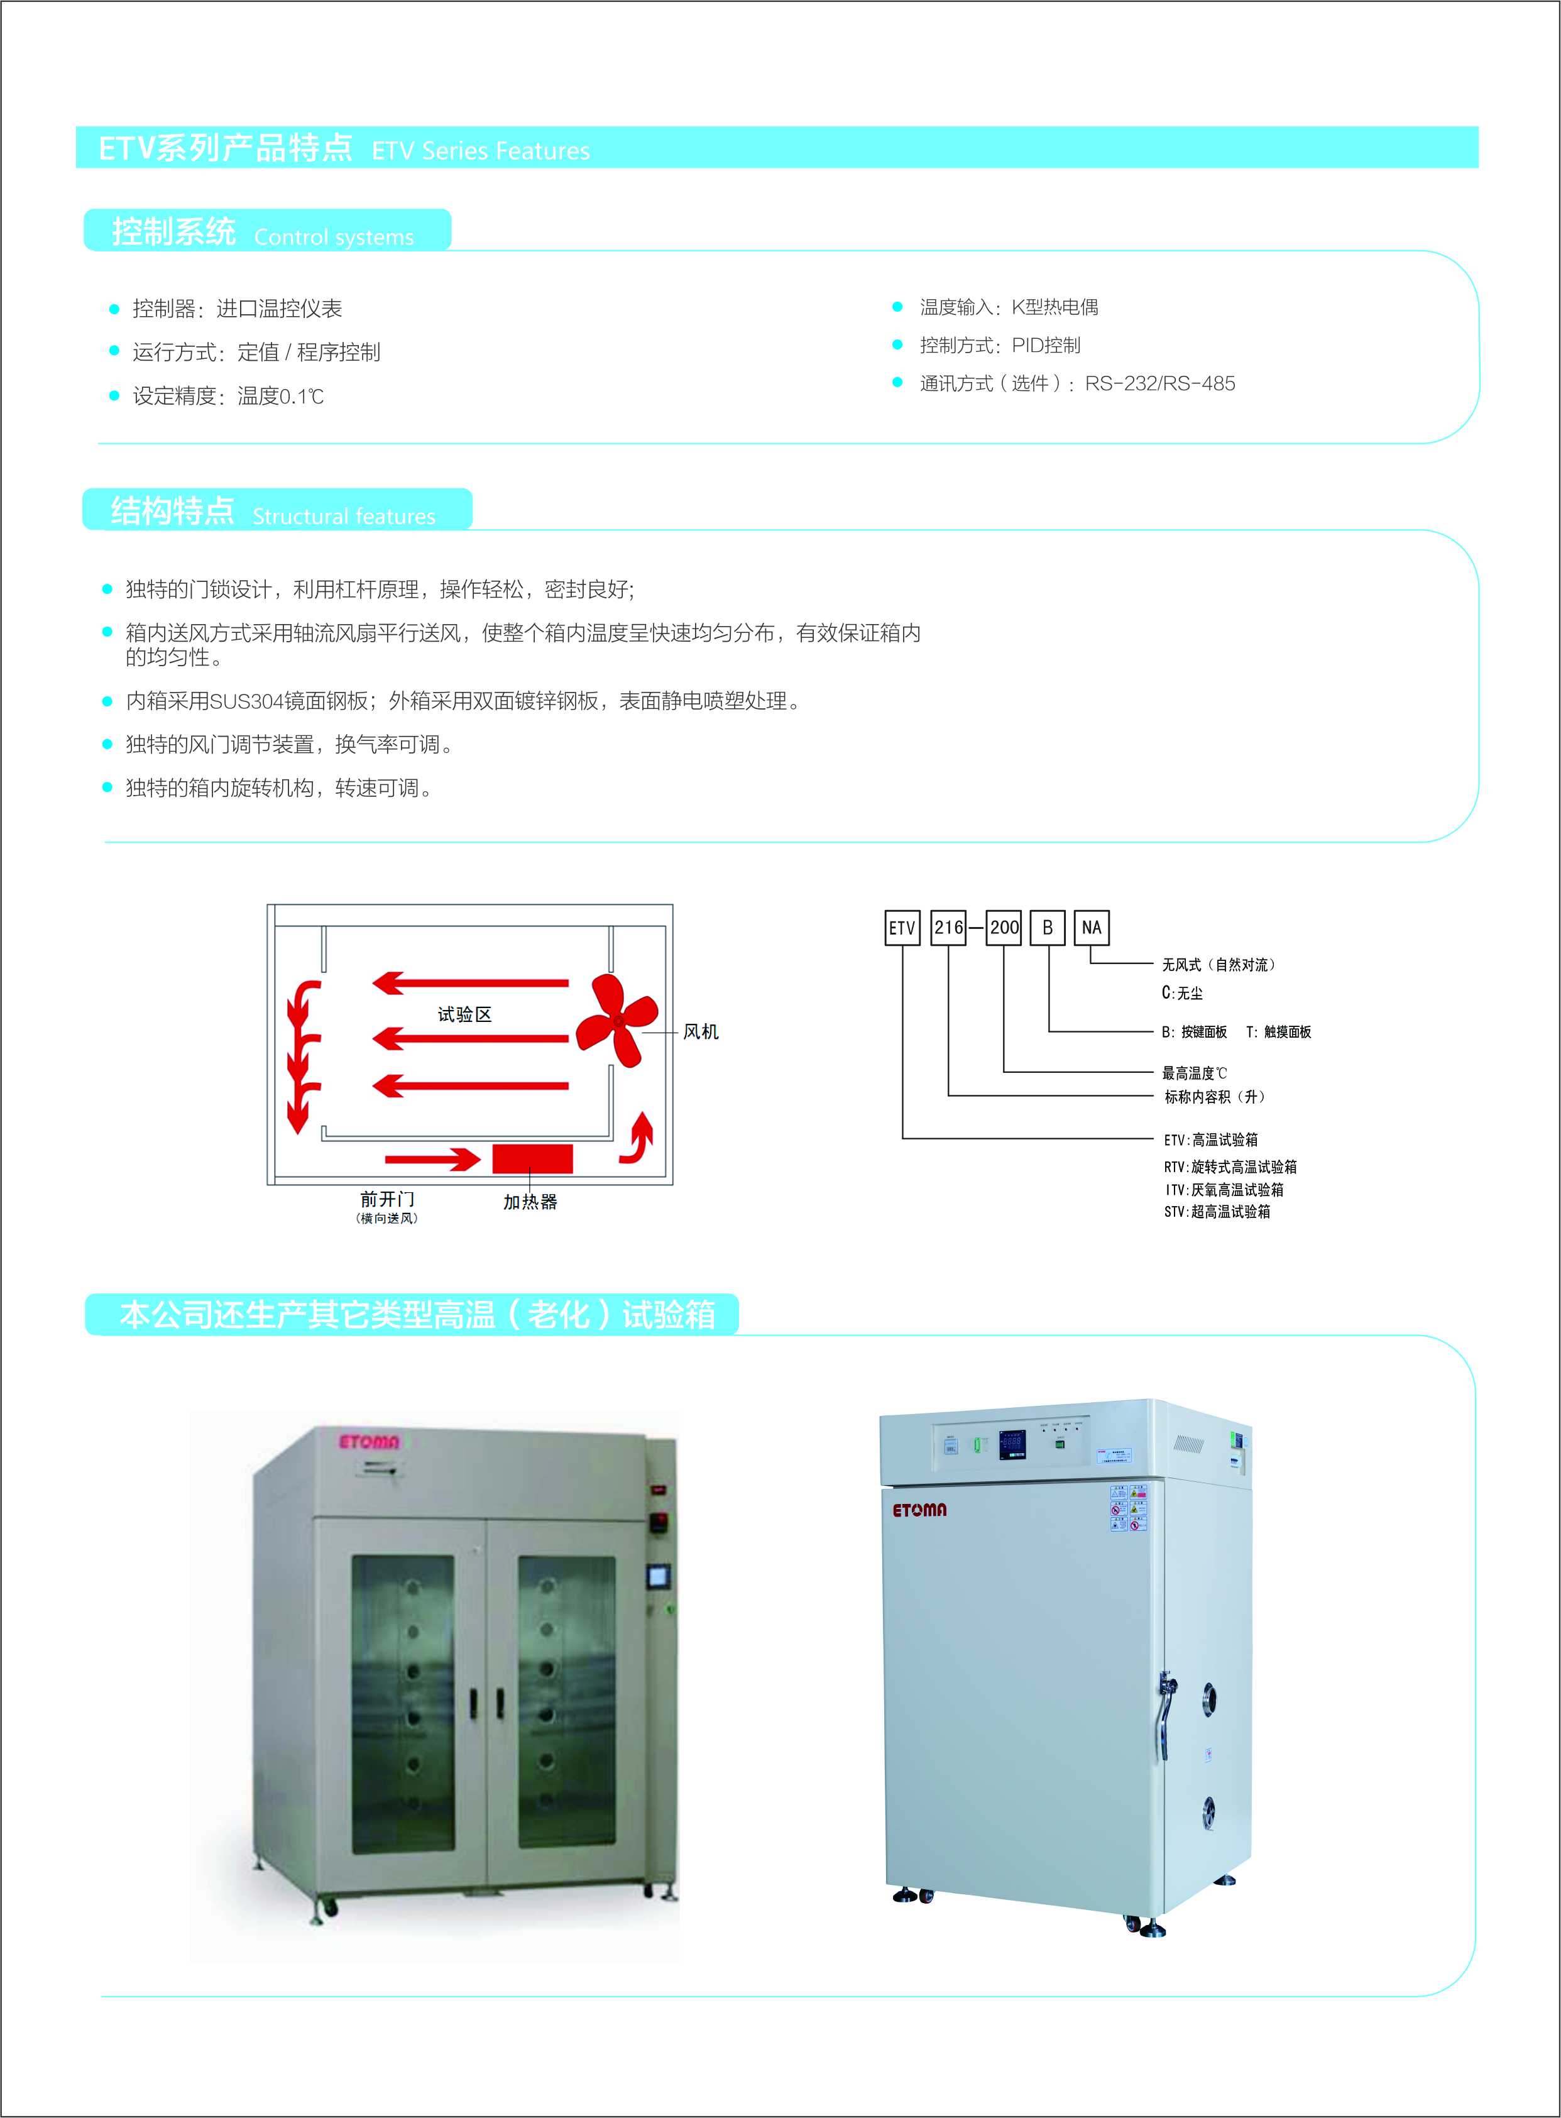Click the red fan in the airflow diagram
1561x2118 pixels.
pos(617,1021)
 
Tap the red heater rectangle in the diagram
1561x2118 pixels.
pos(532,1159)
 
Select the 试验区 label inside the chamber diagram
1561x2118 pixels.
pos(465,1014)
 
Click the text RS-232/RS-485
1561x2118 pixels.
pos(1159,383)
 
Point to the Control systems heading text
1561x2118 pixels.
pos(334,236)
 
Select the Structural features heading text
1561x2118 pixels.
pos(344,516)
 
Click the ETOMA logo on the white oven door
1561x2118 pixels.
pos(919,1510)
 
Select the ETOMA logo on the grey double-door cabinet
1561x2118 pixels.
pos(370,1441)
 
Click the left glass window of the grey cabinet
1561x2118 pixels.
pos(403,1704)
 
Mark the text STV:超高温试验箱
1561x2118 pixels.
pos(1217,1212)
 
